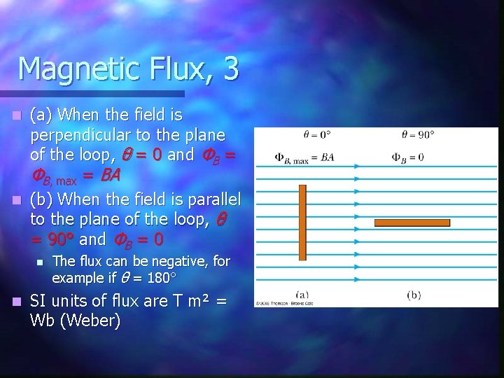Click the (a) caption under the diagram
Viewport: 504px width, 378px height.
coord(303,294)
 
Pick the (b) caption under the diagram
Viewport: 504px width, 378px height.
coord(414,294)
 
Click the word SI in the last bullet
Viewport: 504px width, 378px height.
coord(39,302)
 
